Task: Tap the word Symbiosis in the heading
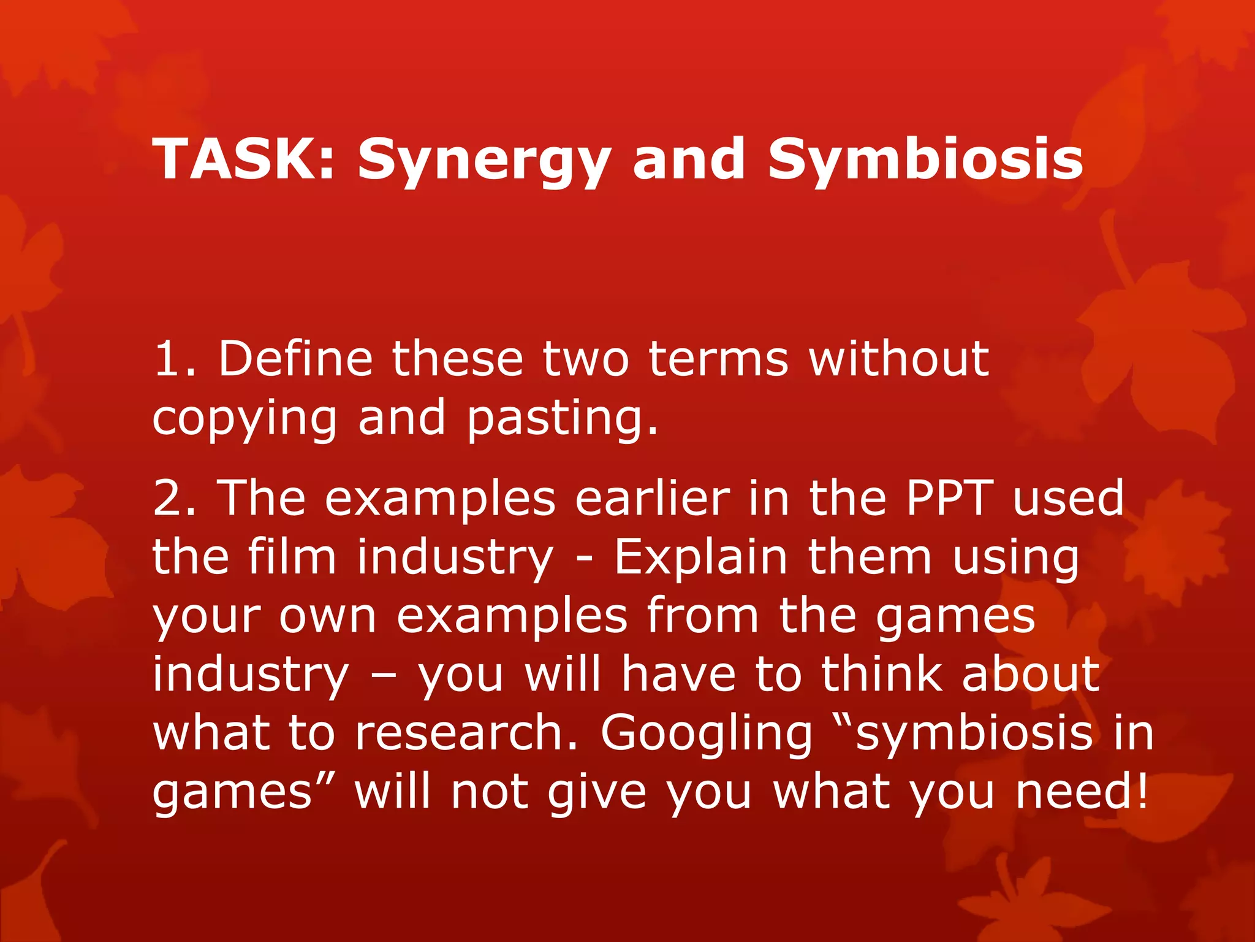click(925, 159)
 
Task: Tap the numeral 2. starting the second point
click(175, 497)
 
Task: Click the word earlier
click(652, 497)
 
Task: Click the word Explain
click(700, 557)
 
